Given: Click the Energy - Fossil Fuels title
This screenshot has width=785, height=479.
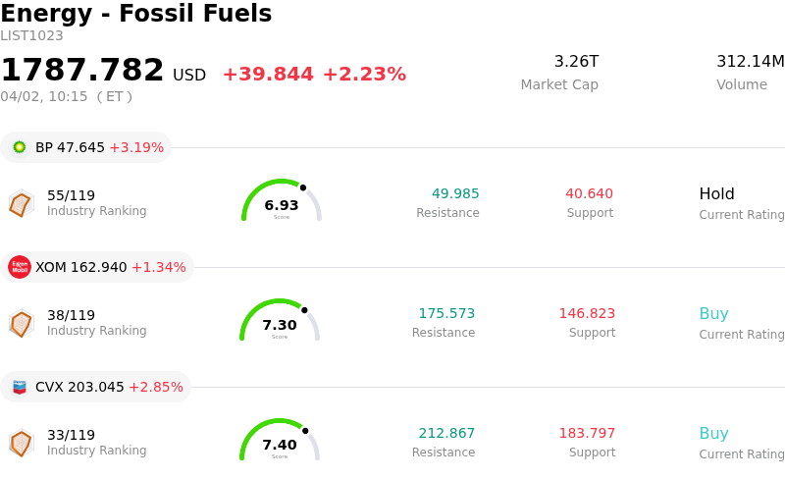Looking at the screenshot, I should (x=135, y=15).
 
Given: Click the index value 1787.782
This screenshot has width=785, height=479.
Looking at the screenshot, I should (x=82, y=71).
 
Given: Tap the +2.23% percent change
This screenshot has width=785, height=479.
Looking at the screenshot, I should (x=364, y=75).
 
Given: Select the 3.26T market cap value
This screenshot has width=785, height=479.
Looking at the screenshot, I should (x=576, y=62).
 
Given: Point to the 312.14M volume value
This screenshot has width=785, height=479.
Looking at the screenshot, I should (x=750, y=62).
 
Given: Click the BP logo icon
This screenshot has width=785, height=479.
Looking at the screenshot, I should (x=20, y=147).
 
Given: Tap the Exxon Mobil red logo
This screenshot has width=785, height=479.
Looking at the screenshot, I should (x=20, y=267).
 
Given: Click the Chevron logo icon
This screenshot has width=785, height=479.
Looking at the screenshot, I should (x=20, y=387).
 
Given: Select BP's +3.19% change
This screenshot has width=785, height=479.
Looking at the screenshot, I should (x=136, y=147).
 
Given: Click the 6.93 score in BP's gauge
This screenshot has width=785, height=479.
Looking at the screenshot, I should (x=282, y=205).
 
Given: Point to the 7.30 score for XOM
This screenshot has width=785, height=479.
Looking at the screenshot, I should (x=280, y=325).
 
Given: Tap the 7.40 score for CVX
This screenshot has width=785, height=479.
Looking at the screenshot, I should (x=280, y=445).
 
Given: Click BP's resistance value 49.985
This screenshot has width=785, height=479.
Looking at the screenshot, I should (x=455, y=193).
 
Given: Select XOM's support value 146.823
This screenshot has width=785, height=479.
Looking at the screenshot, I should (x=587, y=313).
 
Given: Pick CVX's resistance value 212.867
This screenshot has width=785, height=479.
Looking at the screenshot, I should (x=446, y=433).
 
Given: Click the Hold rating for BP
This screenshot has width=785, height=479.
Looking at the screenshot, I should (x=716, y=193).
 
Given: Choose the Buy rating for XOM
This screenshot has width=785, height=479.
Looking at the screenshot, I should (x=713, y=313).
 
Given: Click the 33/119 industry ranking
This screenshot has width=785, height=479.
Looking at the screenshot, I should (x=71, y=435).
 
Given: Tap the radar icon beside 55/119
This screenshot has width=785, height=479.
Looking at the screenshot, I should (x=21, y=203).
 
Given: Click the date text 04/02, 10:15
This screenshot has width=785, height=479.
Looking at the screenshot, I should (x=44, y=96).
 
